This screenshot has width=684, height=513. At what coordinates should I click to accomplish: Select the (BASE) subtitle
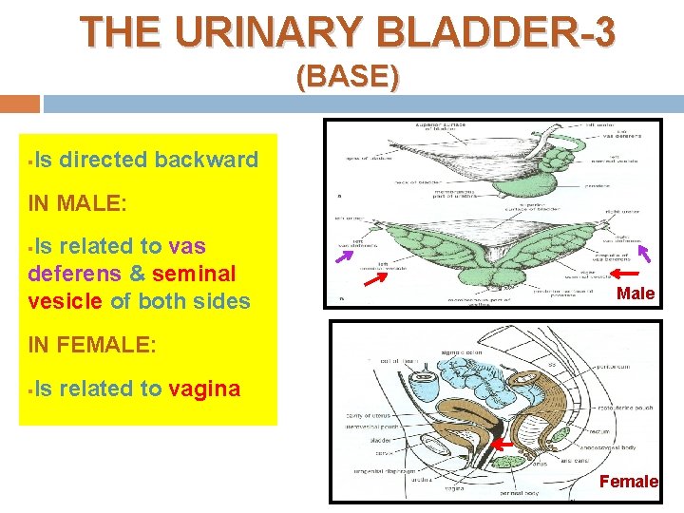tap(348, 76)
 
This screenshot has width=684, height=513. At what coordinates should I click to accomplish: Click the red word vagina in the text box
tap(204, 388)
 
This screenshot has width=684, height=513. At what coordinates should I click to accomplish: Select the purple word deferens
tap(74, 274)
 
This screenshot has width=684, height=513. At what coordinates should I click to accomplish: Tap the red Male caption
tap(635, 294)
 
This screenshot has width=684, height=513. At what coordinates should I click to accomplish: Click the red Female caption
tap(628, 482)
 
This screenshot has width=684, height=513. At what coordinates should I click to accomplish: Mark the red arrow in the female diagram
tap(501, 444)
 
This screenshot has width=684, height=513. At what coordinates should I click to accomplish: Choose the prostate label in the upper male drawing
tap(598, 185)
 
